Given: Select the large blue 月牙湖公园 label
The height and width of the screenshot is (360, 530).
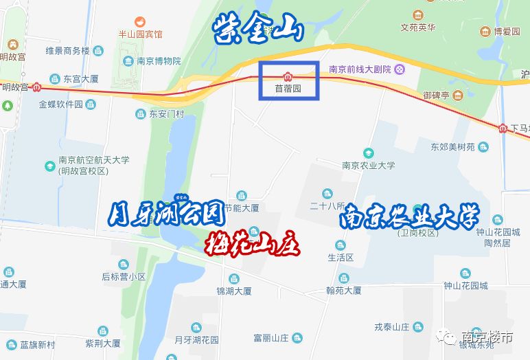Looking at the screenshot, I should tap(168, 214).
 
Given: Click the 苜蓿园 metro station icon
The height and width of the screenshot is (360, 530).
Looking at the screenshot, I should tap(288, 76).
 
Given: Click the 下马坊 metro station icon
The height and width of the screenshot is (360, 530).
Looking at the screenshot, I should tap(503, 128).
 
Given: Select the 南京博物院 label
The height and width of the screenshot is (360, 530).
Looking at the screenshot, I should tap(159, 60).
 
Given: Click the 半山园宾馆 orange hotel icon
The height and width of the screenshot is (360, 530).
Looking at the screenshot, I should tap(140, 21).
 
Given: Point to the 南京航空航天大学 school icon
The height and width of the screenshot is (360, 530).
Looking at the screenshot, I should tap(49, 166).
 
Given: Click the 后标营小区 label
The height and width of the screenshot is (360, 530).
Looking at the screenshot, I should tap(124, 277).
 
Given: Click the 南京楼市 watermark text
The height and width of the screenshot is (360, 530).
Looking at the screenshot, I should tap(487, 338).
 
